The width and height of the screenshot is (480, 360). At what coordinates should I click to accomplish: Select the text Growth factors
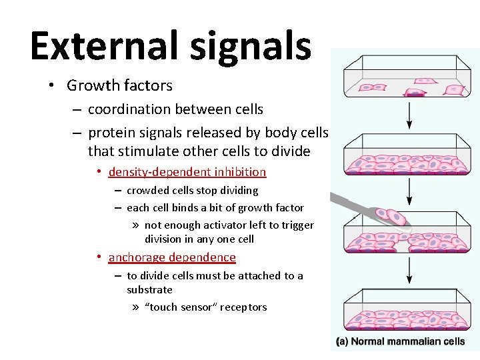[119, 85]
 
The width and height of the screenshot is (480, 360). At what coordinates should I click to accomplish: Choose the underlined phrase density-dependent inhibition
[187, 172]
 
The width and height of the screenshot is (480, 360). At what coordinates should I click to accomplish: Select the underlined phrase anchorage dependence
[172, 257]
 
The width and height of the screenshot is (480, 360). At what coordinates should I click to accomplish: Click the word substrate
[149, 290]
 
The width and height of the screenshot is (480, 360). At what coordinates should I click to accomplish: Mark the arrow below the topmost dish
[409, 115]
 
